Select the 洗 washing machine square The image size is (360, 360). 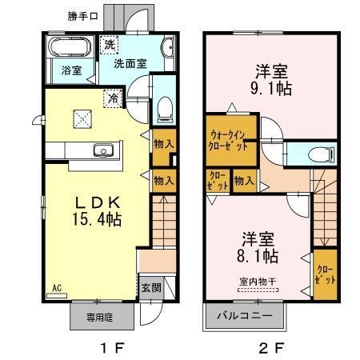tap(108, 45)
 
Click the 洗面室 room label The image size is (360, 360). tap(129, 63)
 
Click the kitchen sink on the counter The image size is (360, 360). tap(102, 150)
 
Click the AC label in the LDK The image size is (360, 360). tap(57, 286)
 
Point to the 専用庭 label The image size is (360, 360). tap(98, 316)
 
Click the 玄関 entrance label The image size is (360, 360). tap(150, 287)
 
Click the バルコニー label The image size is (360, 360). tap(245, 316)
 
